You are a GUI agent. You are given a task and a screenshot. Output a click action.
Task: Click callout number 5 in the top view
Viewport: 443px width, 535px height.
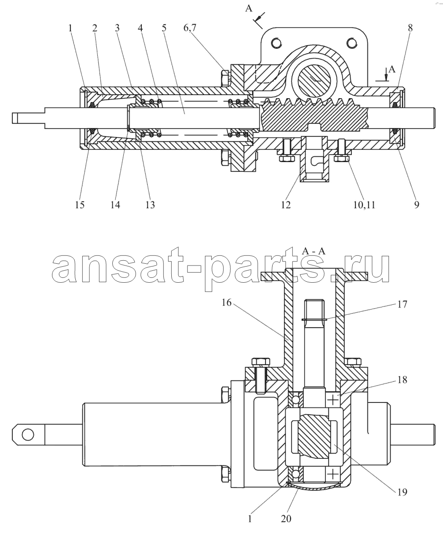(x=164, y=28)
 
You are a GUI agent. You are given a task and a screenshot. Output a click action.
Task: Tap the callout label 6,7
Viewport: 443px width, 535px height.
(x=190, y=28)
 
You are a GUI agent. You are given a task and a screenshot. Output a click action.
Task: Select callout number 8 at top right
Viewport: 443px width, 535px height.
(x=410, y=28)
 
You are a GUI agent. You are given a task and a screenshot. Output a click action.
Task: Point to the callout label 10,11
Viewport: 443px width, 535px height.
(x=364, y=205)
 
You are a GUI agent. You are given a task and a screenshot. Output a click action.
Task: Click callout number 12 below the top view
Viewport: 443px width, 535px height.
(x=286, y=205)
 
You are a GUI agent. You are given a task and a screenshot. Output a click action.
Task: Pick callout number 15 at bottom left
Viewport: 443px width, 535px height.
(x=80, y=205)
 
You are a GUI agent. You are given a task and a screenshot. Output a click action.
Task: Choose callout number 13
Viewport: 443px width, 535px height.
(x=150, y=205)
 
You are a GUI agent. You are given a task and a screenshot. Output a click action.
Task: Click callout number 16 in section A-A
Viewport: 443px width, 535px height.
(x=226, y=303)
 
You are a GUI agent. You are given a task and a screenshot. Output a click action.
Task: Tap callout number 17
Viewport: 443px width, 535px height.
(x=402, y=304)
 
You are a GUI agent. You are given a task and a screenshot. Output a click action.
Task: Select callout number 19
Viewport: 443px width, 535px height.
(x=402, y=492)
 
